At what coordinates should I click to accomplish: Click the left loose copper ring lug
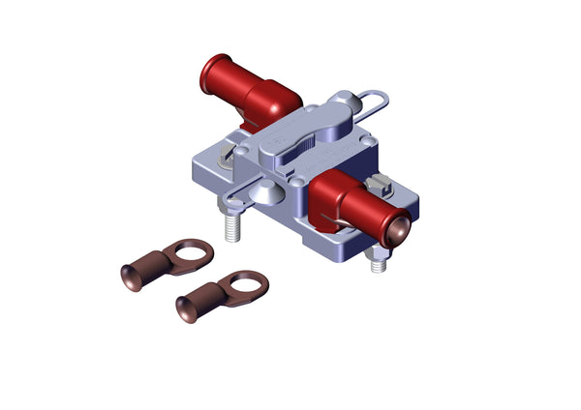click(x=166, y=261)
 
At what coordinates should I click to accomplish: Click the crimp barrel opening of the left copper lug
click(x=130, y=277)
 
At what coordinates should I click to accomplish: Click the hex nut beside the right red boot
click(x=379, y=186)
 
